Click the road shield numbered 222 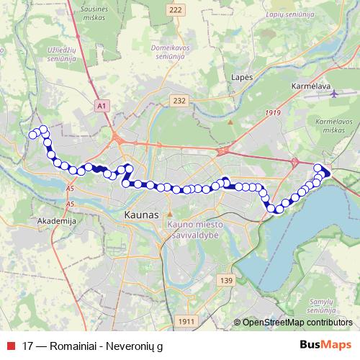(x=176, y=9)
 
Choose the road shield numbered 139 (x=228, y=280)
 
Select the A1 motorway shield (x=102, y=106)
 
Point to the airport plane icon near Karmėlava (x=334, y=93)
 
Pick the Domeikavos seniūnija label (x=171, y=51)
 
